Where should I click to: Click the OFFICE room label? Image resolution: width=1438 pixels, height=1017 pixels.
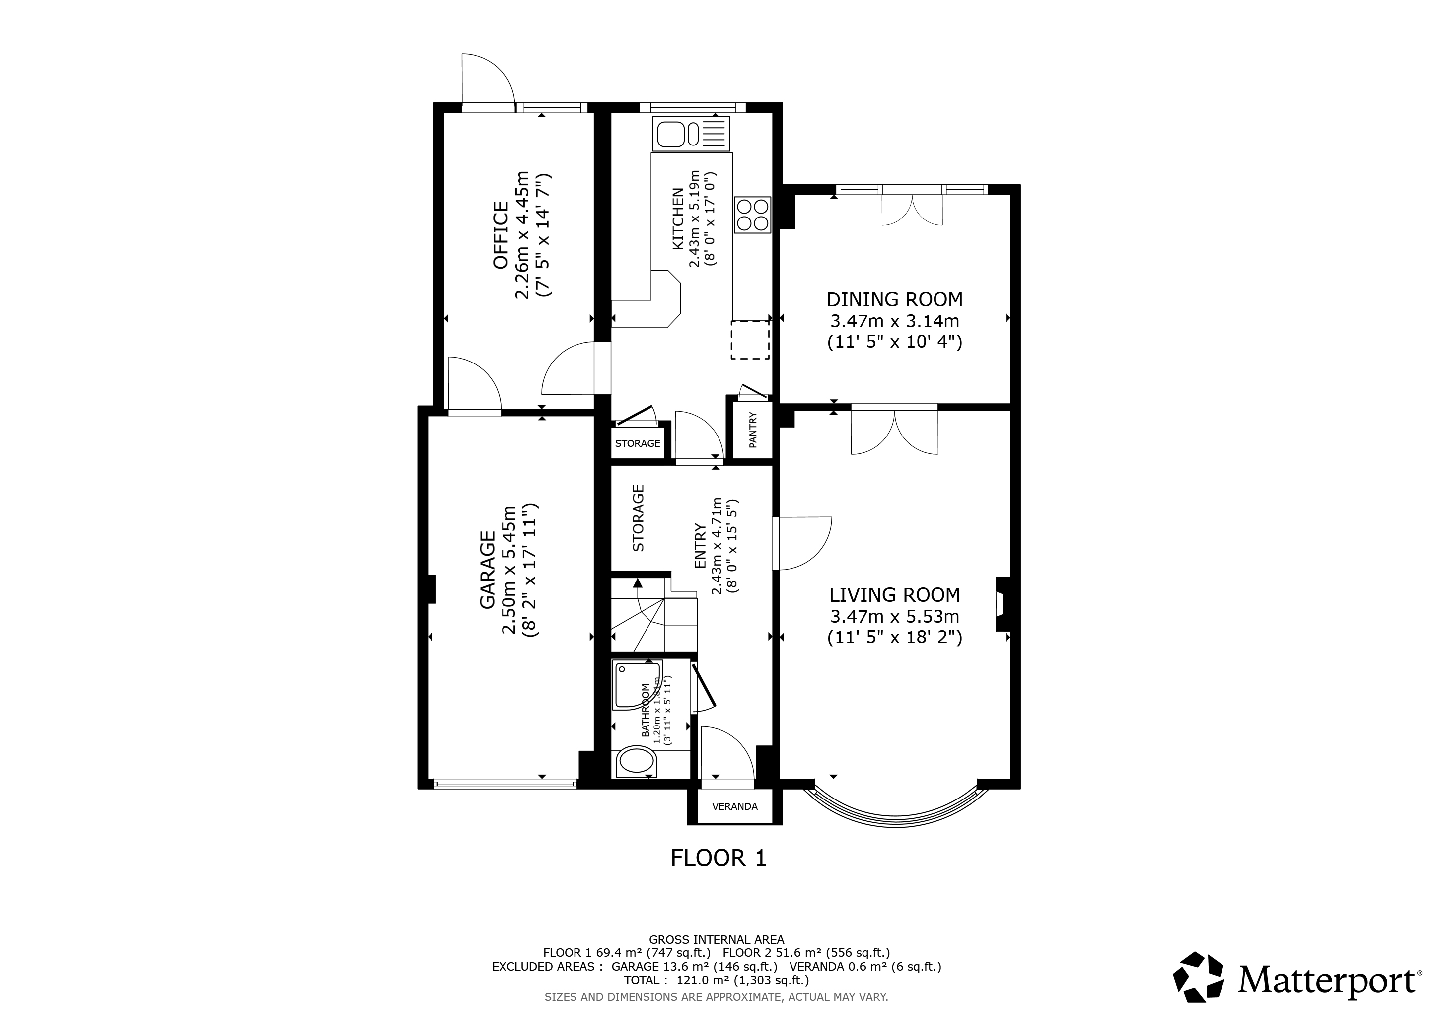click(x=501, y=235)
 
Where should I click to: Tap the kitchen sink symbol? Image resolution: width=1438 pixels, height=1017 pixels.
click(x=691, y=134)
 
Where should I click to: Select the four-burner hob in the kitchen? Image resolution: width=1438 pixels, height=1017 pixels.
click(x=752, y=215)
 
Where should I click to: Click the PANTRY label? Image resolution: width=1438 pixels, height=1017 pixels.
click(x=753, y=430)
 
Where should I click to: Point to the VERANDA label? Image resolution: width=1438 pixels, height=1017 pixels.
click(x=735, y=806)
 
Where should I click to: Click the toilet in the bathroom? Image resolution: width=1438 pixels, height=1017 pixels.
click(x=637, y=763)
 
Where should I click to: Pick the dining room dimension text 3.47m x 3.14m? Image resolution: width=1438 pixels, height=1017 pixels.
click(x=894, y=321)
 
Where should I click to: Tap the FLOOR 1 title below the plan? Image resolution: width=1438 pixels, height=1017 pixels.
click(x=719, y=858)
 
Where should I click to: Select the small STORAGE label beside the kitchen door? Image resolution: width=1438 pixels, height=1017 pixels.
click(x=637, y=443)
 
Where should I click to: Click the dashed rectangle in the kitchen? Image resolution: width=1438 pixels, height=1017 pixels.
click(x=750, y=340)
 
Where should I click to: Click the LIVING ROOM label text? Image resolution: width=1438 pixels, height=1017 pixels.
click(x=894, y=594)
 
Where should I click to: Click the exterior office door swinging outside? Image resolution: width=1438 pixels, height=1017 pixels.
click(x=487, y=81)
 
